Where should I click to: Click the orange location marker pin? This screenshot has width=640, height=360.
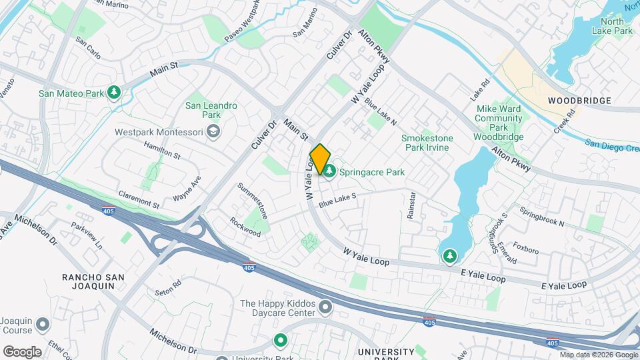point(320,159)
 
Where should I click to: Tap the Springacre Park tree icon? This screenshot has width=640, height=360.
point(329,172)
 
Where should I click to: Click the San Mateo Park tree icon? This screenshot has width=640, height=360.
point(115,93)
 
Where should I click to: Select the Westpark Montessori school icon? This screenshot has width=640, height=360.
point(213,132)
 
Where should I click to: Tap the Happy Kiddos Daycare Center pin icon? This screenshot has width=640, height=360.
point(325,307)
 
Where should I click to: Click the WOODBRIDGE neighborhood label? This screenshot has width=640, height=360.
point(579,101)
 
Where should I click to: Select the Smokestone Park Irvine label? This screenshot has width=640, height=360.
point(427,143)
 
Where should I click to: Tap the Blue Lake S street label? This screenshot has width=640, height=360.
point(338,198)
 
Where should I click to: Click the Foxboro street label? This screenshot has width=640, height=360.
point(526,251)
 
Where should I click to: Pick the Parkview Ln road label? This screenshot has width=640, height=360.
point(88,236)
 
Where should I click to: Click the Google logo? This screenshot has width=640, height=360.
point(22,351)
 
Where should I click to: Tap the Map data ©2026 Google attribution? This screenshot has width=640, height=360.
point(597,355)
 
